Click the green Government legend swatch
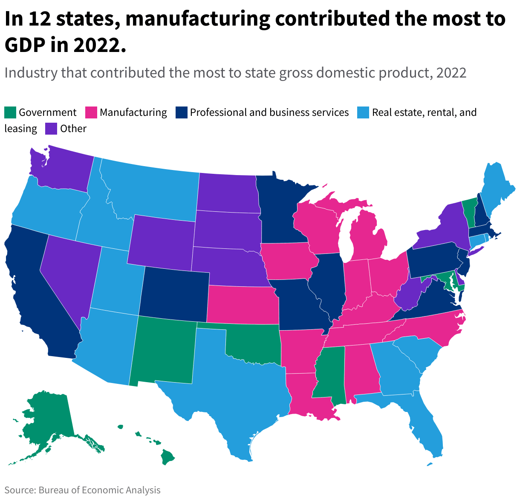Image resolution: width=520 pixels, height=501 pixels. (x=10, y=112)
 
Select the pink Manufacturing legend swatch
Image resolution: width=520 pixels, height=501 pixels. (x=91, y=112)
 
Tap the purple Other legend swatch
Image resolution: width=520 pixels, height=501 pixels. (x=51, y=129)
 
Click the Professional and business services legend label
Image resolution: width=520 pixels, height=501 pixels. (x=269, y=112)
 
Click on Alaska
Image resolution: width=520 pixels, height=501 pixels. (x=47, y=422)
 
